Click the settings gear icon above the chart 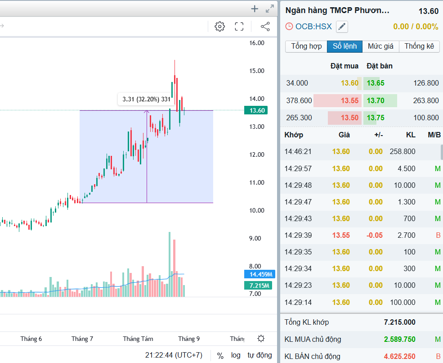point(219,27)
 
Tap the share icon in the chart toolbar point(265,27)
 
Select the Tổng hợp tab point(306,46)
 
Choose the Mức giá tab point(380,46)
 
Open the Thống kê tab point(419,46)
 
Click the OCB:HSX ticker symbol point(313,27)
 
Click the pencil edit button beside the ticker point(342,27)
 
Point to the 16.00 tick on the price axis point(257,43)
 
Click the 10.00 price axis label point(257,210)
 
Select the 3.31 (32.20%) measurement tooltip point(146,99)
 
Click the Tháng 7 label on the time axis point(82,339)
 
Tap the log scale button point(236,355)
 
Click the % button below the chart point(220,355)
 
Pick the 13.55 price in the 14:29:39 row point(341,235)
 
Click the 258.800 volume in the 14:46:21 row point(403,151)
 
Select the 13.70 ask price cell point(376,100)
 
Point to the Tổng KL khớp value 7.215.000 point(399,322)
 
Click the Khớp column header point(294,135)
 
